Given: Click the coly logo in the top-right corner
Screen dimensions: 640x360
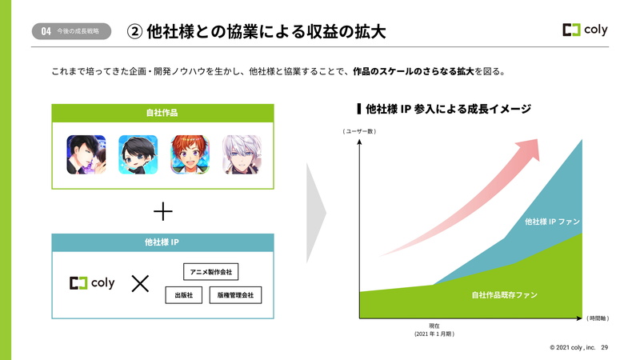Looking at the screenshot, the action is pos(585,30).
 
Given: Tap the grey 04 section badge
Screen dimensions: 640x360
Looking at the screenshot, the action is pos(71,31).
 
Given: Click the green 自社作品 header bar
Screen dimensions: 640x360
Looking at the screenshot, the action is pos(162,113).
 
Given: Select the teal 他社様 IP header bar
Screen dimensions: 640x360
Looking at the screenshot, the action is pos(162,242).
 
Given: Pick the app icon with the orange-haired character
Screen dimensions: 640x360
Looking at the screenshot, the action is pos(190,154).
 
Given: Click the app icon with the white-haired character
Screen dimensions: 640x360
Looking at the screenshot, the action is pos(242,154).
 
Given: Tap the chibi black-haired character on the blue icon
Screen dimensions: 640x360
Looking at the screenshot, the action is pos(138,154).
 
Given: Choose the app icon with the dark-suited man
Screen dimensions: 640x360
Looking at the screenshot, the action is pos(86,154).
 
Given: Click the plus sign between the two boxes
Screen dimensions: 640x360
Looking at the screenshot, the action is pos(163,211).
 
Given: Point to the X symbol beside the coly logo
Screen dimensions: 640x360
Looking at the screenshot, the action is pos(140,283).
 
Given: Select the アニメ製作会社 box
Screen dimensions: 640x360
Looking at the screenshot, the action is pos(210,272).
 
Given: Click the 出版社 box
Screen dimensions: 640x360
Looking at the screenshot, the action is pos(184,295).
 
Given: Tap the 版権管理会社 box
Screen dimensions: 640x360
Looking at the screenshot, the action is pos(235,295).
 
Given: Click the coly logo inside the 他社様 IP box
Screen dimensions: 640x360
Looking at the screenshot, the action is pos(92,283).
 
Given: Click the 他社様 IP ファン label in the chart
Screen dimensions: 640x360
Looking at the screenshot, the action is pos(552,222).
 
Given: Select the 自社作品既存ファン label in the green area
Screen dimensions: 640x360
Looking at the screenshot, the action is pos(505,294).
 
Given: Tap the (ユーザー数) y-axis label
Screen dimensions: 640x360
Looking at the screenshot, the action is pos(359,131).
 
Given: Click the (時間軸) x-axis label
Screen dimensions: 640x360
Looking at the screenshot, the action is pos(598,318).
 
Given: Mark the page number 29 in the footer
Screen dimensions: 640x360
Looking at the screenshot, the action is pos(605,347).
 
